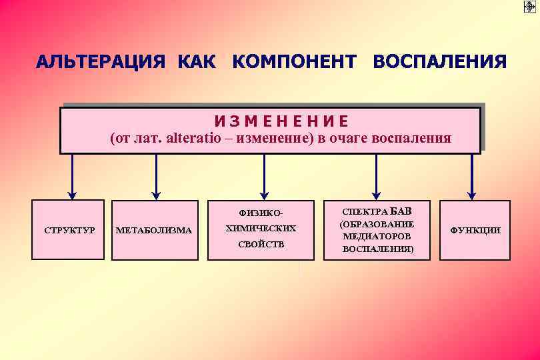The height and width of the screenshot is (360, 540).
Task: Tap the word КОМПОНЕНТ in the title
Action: point(294,62)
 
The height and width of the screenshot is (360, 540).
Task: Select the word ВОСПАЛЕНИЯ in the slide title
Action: point(440,62)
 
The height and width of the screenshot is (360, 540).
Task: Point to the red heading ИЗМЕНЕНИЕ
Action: point(281,121)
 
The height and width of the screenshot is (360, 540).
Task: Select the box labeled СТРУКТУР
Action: point(69,229)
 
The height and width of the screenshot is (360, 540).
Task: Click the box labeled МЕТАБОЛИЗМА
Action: point(155,230)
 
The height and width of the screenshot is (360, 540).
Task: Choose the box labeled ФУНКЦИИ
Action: point(475,229)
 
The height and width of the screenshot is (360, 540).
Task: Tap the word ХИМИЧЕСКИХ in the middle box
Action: point(261,229)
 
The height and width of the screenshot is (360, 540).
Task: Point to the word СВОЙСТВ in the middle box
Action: point(261,244)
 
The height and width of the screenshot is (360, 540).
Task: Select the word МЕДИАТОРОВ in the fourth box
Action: point(377,236)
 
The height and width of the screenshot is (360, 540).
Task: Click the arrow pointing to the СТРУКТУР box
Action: point(72,177)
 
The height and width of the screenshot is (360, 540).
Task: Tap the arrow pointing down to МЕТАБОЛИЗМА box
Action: point(157,177)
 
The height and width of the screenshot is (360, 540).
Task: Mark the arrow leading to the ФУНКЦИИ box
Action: point(472,177)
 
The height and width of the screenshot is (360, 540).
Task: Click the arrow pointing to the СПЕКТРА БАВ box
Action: point(377,177)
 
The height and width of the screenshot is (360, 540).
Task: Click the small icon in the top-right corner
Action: point(530,7)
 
